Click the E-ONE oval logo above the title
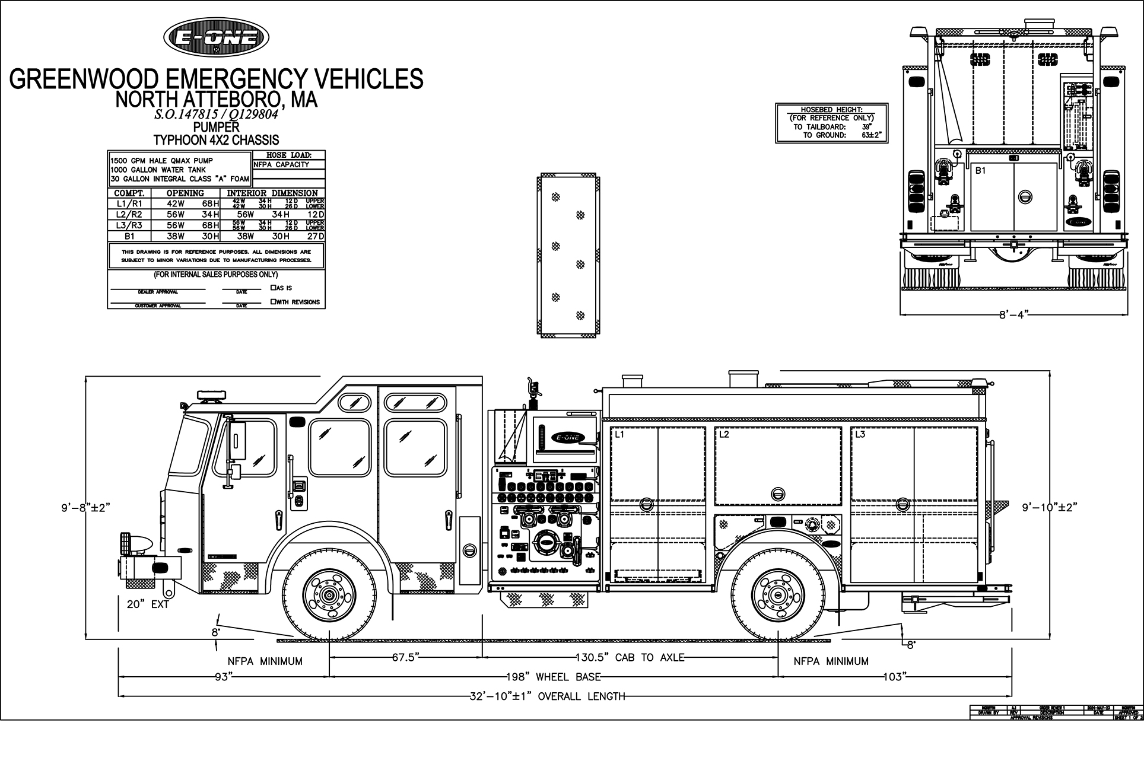(216, 37)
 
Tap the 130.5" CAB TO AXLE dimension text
(630, 657)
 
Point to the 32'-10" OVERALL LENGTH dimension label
(546, 696)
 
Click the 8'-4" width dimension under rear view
(1012, 314)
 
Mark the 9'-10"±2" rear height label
(1049, 507)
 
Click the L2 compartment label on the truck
(724, 434)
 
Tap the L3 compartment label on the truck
(860, 434)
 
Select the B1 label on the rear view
(981, 170)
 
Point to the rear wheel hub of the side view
(777, 594)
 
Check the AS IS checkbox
(273, 288)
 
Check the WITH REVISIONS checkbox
(273, 301)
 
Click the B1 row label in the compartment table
(129, 235)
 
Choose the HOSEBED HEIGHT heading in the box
(832, 110)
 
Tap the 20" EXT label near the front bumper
(148, 604)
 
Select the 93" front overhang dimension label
(221, 677)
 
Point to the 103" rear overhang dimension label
(892, 677)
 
